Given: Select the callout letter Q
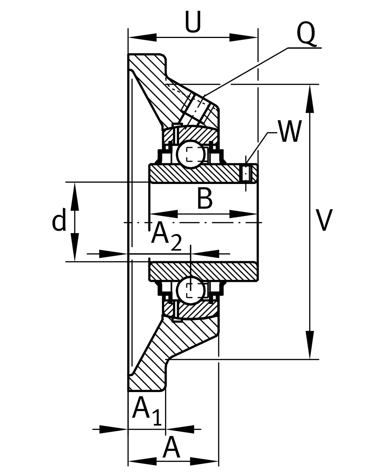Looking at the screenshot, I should (x=306, y=34).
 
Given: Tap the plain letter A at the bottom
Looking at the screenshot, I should (x=171, y=448).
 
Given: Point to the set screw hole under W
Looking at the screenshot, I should (x=246, y=174).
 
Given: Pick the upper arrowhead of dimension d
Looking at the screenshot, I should (x=75, y=196).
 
